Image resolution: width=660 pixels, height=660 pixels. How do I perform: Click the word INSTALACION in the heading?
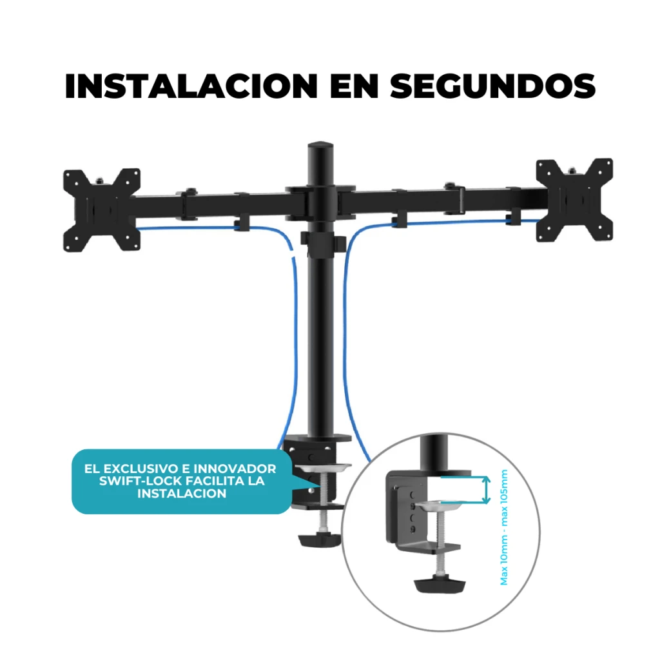(191, 86)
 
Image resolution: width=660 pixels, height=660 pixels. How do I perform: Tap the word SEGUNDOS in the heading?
(492, 86)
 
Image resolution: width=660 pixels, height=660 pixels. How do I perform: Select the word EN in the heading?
(354, 86)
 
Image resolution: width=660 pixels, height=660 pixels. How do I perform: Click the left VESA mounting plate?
(101, 210)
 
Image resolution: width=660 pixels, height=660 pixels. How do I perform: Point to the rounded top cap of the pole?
(321, 148)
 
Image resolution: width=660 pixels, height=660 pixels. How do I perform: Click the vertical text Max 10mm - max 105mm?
(504, 527)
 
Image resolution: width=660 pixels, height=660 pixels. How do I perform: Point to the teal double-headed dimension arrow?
(486, 490)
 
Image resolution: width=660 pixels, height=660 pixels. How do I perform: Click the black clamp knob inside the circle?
(440, 585)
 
